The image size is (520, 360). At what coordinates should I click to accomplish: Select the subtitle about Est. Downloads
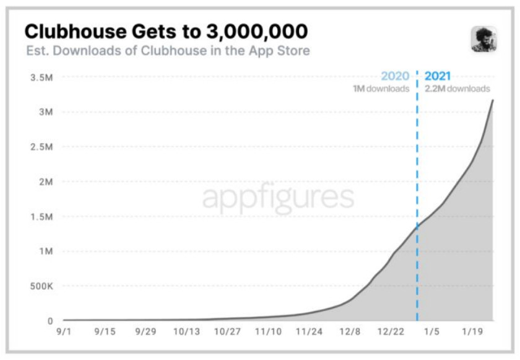[x=167, y=50]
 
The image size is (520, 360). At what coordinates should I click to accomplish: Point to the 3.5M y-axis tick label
[x=42, y=77]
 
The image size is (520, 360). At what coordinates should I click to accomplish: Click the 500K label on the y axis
[x=41, y=286]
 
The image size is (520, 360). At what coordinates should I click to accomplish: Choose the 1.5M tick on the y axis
[x=42, y=216]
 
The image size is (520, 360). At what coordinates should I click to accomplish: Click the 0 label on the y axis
[x=51, y=321]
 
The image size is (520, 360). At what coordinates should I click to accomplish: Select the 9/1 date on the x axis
[x=64, y=332]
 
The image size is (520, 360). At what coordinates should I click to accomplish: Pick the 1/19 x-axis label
[x=472, y=332]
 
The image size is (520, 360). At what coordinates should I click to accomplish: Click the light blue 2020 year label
[x=394, y=77]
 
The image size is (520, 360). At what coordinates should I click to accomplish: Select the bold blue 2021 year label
[x=438, y=77]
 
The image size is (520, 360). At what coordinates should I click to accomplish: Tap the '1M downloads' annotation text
[x=381, y=89]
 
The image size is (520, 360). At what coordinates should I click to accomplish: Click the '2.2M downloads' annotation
[x=457, y=89]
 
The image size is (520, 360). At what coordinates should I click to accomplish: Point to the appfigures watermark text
[x=278, y=198]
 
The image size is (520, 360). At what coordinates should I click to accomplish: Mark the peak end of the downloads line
[x=493, y=100]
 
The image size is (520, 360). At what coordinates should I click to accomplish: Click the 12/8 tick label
[x=350, y=332]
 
